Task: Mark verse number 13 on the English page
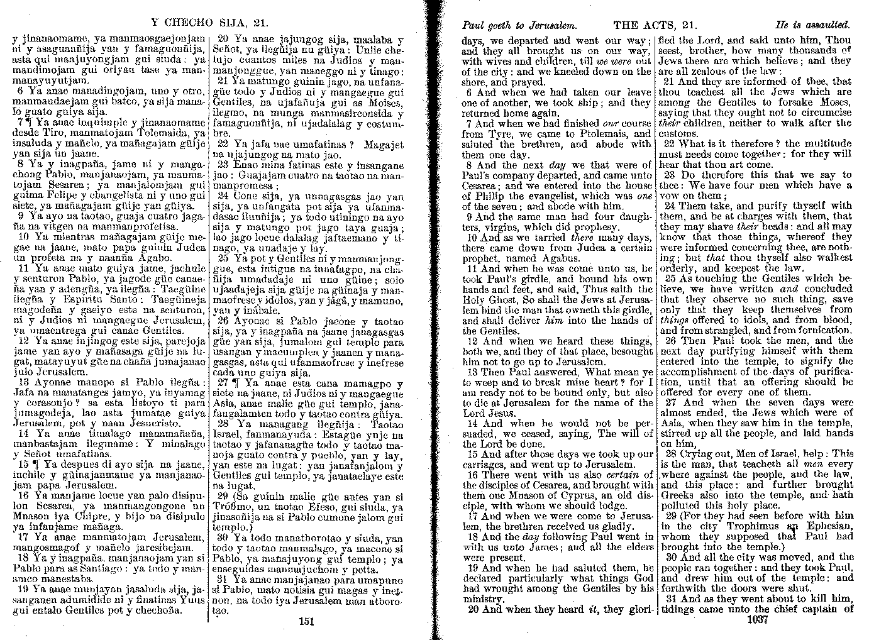472,372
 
